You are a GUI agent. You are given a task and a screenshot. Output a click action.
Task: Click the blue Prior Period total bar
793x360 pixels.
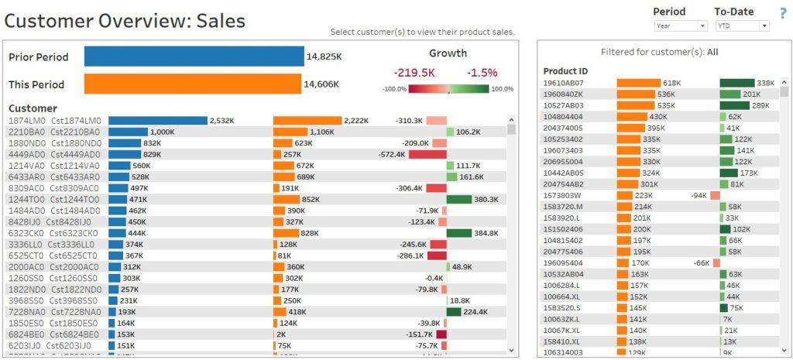pos(194,57)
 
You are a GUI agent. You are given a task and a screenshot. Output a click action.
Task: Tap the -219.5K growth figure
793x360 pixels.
pos(414,72)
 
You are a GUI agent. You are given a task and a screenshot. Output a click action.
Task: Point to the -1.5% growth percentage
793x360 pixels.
pos(482,72)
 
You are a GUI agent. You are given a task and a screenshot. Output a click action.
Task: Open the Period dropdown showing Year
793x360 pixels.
pos(680,26)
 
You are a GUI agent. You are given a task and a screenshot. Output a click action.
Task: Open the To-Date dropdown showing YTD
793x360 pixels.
pos(741,26)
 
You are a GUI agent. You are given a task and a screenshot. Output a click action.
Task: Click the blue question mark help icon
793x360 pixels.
pos(783,13)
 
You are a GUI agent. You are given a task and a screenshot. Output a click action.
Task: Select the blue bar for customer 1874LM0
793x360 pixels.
pos(158,121)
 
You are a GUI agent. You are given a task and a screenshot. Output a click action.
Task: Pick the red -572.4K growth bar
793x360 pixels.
pos(427,155)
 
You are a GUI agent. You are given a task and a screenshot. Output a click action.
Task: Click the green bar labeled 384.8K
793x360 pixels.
pos(459,233)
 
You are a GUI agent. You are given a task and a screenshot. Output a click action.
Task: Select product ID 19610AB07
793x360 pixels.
pos(564,83)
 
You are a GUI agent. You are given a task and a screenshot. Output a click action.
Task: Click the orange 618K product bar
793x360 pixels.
pos(638,83)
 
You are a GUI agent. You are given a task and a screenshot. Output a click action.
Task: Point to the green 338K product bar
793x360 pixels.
pos(736,83)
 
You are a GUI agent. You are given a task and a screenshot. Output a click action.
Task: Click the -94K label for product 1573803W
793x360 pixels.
pos(699,196)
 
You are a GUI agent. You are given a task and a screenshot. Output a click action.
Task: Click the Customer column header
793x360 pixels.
pos(33,108)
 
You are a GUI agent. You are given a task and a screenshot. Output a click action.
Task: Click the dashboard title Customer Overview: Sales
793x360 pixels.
pos(125,21)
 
